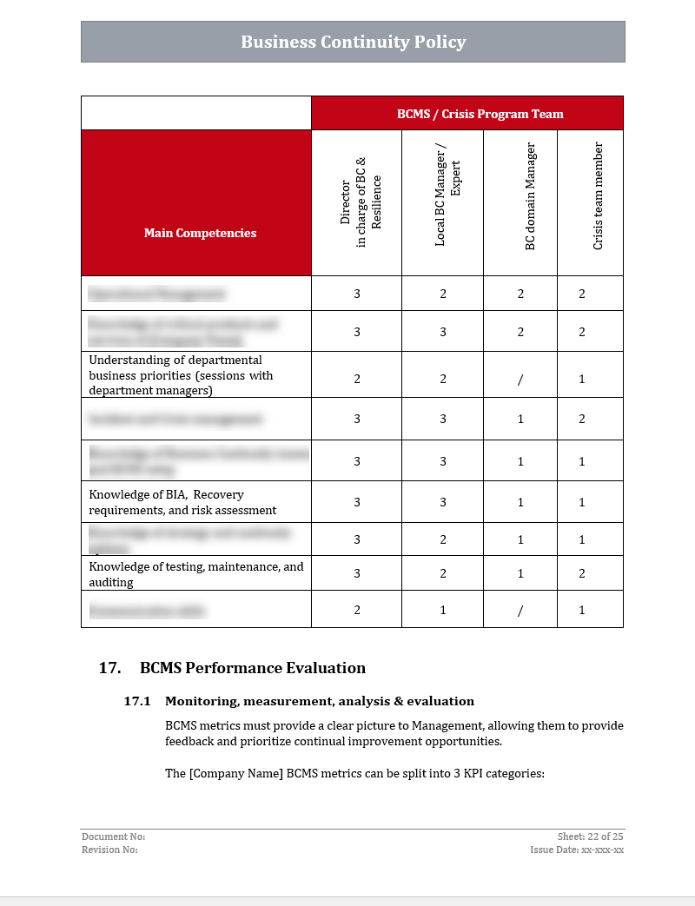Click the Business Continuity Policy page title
point(353,42)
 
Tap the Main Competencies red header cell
point(200,233)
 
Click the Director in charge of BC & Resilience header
point(361,205)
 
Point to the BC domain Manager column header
point(530,197)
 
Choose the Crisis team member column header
point(598,196)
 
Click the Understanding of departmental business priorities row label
point(181,375)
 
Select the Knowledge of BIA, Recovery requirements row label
point(182,502)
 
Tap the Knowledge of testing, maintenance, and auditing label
point(196,574)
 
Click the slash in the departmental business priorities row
point(520,380)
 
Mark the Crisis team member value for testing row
point(582,573)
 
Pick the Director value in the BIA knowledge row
point(357,502)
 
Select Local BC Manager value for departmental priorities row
point(443,379)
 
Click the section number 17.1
point(137,701)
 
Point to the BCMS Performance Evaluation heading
point(252,668)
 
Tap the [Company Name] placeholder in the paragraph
point(236,774)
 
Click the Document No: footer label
point(114,837)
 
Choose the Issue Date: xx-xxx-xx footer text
point(577,850)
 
